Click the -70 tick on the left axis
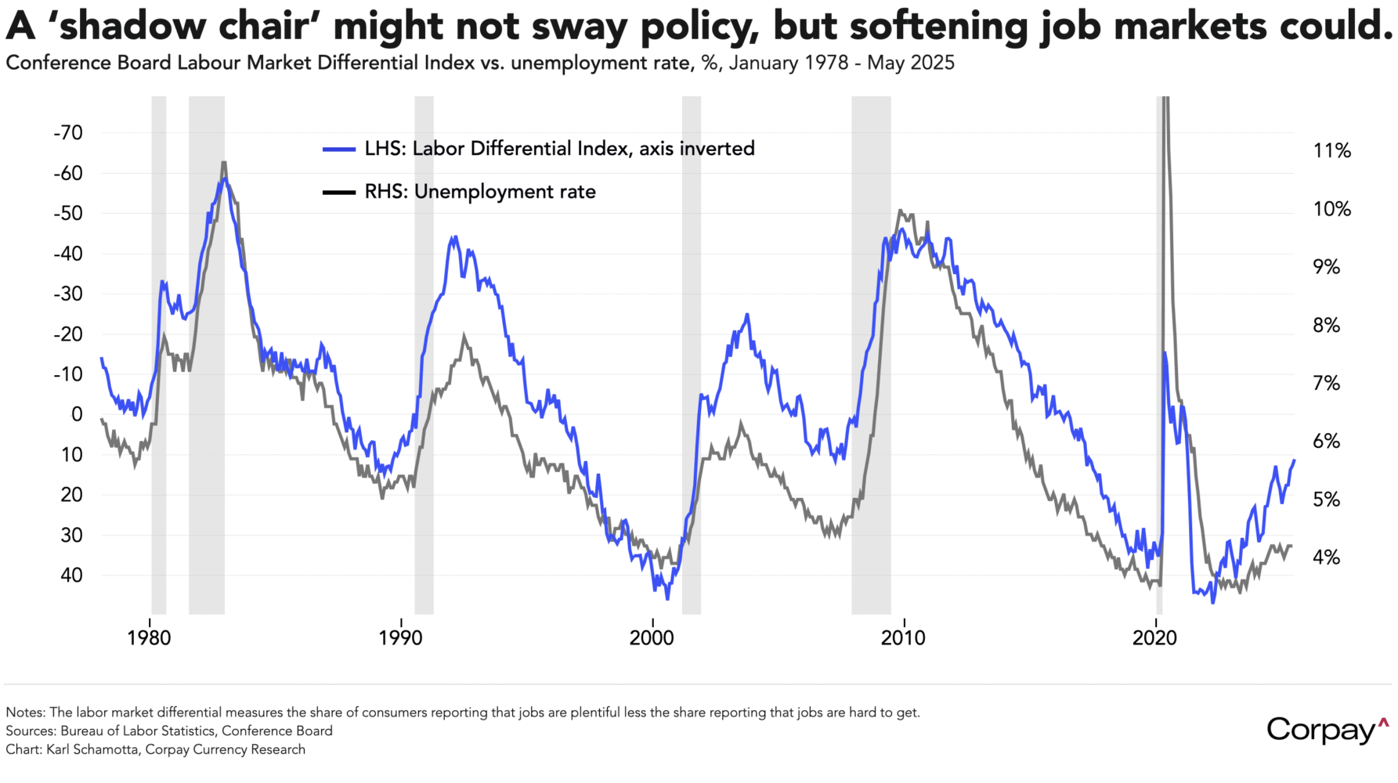tap(68, 133)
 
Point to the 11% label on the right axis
tap(1331, 151)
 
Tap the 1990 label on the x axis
tap(400, 638)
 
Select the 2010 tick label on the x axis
tap(903, 638)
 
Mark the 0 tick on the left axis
tap(77, 414)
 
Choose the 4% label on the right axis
tap(1326, 557)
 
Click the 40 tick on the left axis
tap(71, 575)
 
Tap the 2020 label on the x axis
tap(1154, 638)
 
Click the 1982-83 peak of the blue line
tap(224, 179)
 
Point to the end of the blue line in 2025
tap(1294, 460)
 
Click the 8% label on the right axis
tap(1326, 325)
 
